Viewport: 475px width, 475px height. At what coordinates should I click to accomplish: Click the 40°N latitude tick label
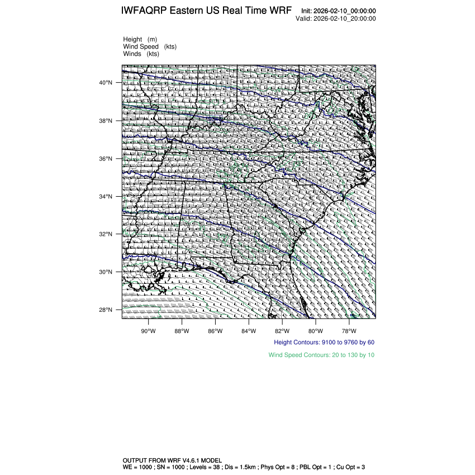[106, 83]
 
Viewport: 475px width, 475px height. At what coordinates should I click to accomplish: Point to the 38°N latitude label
[106, 121]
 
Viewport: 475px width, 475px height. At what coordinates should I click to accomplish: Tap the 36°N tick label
[106, 159]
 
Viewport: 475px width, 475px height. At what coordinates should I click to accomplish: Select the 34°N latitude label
[106, 197]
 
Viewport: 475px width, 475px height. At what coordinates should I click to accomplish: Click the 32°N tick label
[106, 234]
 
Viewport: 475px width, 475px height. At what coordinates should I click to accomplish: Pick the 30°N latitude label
[106, 272]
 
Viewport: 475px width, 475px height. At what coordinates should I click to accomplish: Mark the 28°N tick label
[106, 310]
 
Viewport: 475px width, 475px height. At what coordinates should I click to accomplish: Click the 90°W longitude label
[148, 330]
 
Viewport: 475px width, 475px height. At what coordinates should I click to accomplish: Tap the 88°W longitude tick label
[182, 330]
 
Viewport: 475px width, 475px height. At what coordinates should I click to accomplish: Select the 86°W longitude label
[215, 330]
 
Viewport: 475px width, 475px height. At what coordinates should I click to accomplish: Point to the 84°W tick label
[249, 330]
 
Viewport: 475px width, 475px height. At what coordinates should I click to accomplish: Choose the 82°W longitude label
[282, 330]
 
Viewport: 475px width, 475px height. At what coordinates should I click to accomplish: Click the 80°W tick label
[316, 330]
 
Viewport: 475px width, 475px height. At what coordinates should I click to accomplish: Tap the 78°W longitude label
[349, 330]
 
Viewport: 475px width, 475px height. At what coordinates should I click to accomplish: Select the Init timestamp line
[338, 11]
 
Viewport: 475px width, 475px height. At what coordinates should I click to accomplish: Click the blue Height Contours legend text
[324, 342]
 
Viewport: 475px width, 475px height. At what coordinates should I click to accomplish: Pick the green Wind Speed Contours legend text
[321, 355]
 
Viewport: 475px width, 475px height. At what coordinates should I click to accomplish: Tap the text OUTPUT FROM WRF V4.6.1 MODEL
[175, 460]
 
